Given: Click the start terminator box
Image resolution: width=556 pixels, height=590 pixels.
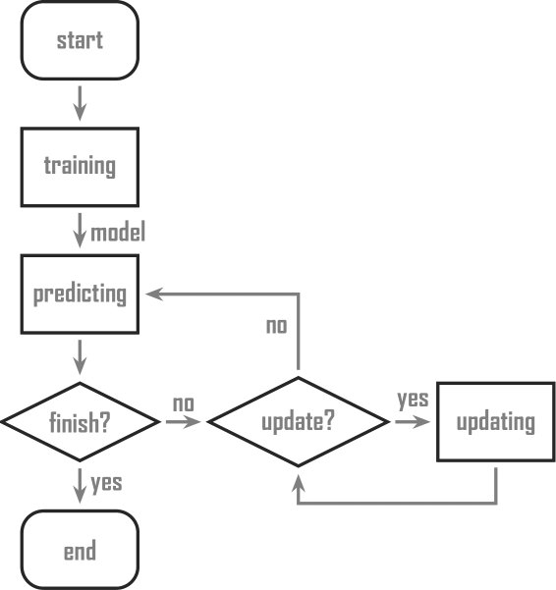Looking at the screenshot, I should pos(80,42).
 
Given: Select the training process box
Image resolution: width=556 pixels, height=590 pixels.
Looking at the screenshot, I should pos(80,165).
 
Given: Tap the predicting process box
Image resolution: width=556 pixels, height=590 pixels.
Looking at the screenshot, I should pos(80,295).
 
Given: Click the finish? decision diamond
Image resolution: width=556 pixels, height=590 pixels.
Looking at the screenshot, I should pos(80,423).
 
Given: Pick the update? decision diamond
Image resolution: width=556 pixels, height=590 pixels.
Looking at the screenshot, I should pos(298,423).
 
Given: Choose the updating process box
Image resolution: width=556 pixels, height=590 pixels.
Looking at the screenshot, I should pos(496,423).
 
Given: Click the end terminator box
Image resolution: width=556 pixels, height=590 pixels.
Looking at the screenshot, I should pos(80,551).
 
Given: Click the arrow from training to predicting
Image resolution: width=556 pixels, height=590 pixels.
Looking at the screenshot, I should pos(80,233).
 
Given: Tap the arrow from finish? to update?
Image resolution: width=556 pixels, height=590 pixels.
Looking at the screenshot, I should pos(182,423).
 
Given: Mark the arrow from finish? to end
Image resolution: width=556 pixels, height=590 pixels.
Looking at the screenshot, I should pos(80,486).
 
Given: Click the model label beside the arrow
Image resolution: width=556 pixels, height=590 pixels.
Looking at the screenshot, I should pos(119,233).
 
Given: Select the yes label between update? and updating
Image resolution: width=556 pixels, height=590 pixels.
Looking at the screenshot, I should pos(412,401).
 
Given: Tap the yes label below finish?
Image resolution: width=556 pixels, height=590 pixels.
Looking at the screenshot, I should pos(106,483).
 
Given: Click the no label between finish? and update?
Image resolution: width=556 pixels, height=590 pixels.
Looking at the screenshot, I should pos(183,403).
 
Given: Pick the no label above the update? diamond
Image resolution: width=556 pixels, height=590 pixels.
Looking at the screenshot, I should pos(277,326).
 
